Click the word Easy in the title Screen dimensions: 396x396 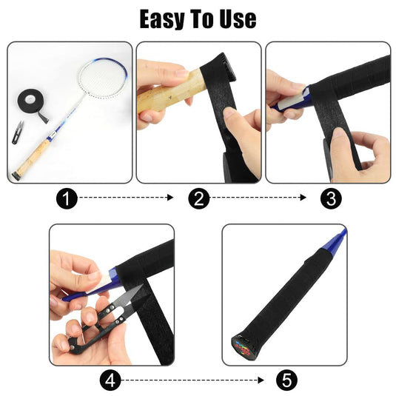(x=161, y=19)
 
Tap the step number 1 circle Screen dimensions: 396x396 (x=67, y=198)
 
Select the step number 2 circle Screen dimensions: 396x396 (x=199, y=198)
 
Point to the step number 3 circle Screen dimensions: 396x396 (x=331, y=198)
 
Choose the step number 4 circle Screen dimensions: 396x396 (x=110, y=380)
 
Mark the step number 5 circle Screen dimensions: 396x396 (x=286, y=380)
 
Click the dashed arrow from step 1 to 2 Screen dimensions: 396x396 (x=127, y=198)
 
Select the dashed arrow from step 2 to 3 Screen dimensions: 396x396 (x=258, y=198)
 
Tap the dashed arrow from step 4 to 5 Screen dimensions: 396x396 (x=192, y=380)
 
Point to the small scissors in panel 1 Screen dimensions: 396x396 (x=18, y=132)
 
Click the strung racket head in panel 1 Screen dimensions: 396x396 (x=103, y=78)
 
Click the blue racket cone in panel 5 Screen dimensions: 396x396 (x=335, y=240)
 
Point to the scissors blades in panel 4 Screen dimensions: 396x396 (x=130, y=296)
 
